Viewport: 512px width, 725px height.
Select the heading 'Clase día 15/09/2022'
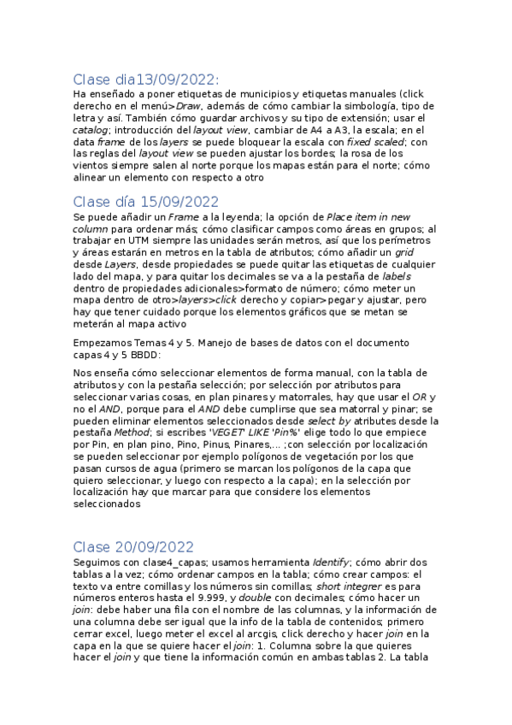coord(146,202)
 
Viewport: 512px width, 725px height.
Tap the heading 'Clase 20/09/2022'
coord(133,546)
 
